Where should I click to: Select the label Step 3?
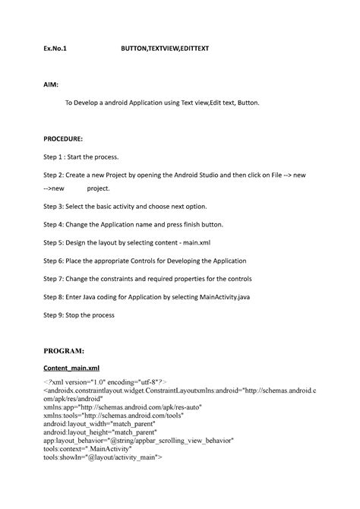(x=55, y=206)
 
